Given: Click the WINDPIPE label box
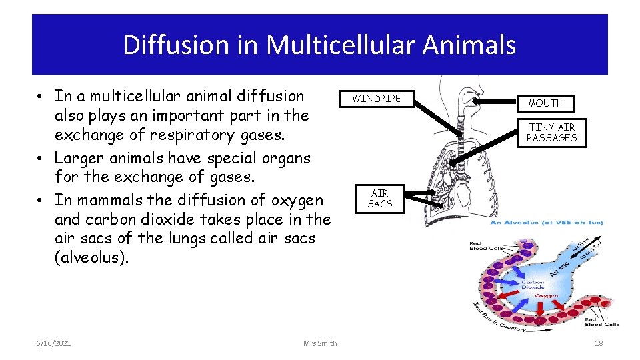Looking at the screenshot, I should [377, 99].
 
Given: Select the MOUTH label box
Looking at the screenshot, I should [546, 103].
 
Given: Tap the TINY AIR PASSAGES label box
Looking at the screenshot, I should [551, 132].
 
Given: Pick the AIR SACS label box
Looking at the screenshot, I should [380, 198].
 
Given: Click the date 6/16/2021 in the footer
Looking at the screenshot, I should [54, 343].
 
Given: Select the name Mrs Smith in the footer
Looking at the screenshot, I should [320, 343].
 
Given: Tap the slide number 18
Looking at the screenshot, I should [598, 343].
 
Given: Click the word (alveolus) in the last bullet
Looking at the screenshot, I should [91, 258].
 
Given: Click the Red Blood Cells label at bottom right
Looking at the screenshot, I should [603, 321].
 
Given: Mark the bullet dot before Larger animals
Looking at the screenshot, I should [41, 159].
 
